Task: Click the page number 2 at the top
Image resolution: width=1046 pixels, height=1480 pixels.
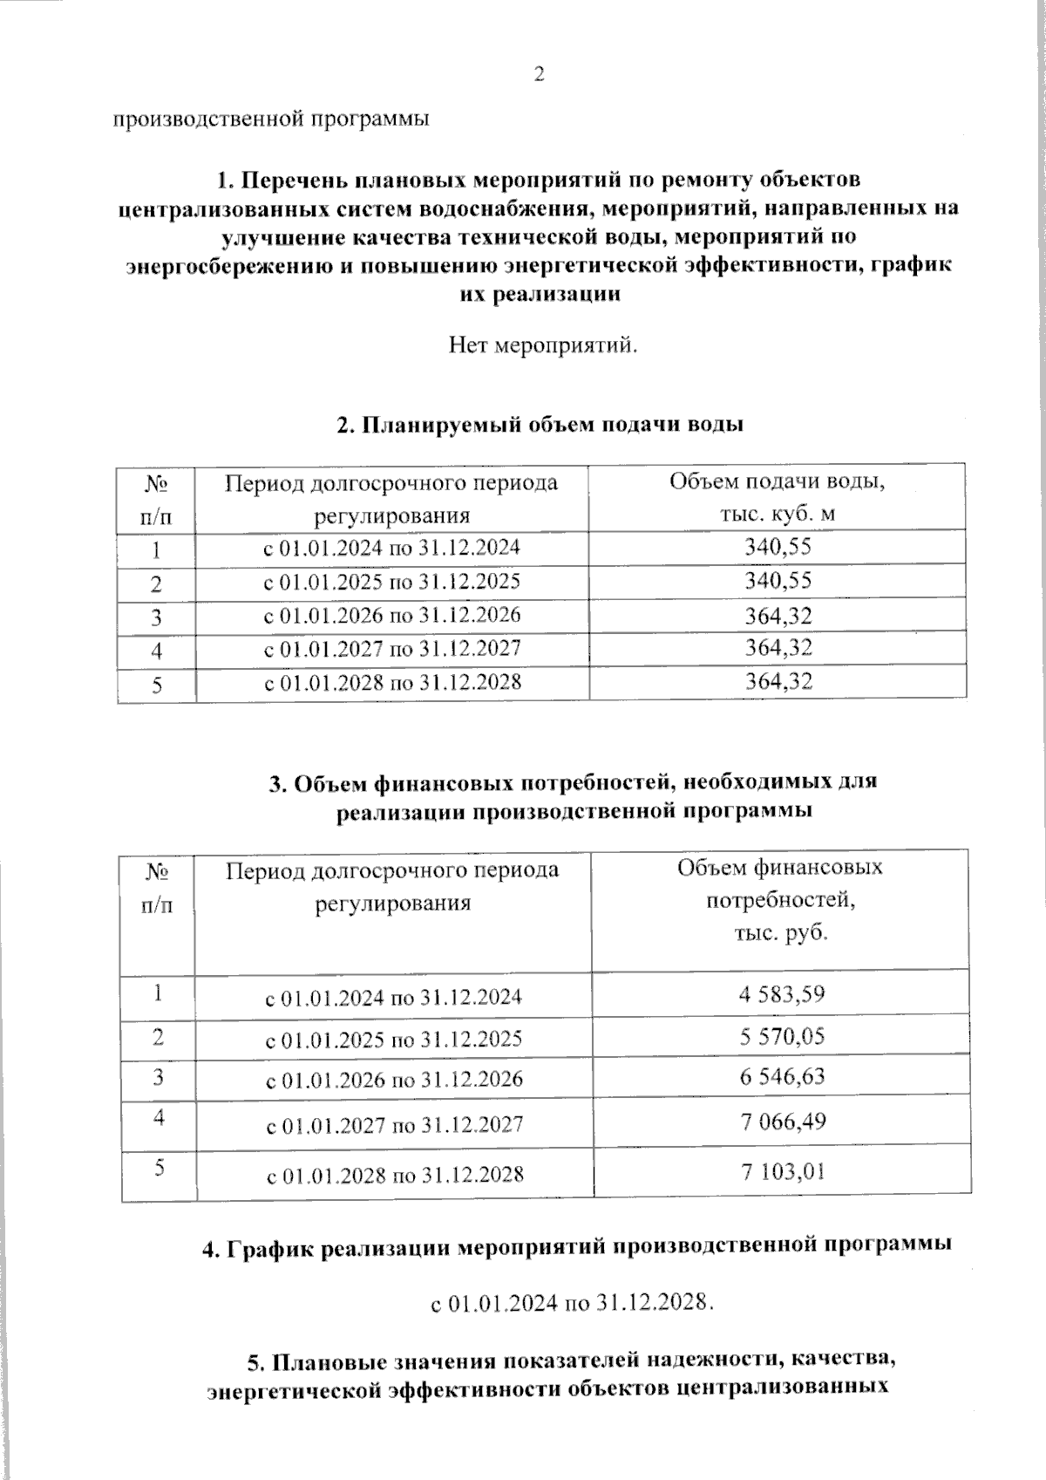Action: pyautogui.click(x=539, y=75)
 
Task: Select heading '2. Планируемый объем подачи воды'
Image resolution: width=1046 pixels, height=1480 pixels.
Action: pyautogui.click(x=540, y=426)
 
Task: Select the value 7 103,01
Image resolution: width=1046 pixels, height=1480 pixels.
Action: pyautogui.click(x=782, y=1171)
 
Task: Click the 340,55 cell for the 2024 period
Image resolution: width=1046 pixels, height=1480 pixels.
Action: pyautogui.click(x=778, y=548)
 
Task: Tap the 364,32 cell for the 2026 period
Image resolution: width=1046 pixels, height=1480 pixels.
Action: pyautogui.click(x=778, y=616)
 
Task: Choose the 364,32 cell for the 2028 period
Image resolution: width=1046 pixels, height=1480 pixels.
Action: pyautogui.click(x=778, y=682)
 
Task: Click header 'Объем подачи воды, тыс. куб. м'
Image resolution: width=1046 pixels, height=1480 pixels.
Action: pyautogui.click(x=777, y=497)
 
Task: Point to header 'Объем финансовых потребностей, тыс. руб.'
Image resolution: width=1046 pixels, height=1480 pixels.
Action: pyautogui.click(x=779, y=900)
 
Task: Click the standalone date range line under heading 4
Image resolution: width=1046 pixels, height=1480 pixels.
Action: pyautogui.click(x=573, y=1303)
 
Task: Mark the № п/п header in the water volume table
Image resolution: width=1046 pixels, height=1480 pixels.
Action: pyautogui.click(x=155, y=498)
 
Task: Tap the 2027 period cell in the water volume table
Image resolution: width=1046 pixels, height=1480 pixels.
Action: pyautogui.click(x=391, y=649)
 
